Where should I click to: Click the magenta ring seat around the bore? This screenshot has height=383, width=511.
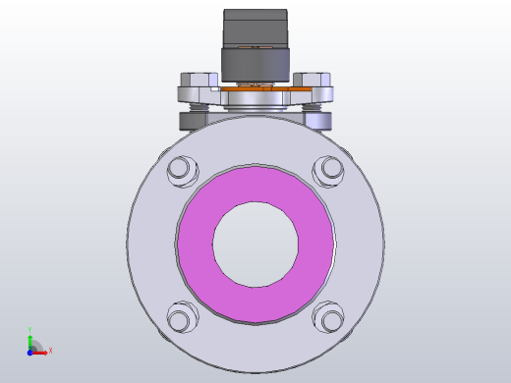pyautogui.click(x=197, y=246)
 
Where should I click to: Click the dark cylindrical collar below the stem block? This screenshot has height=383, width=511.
pyautogui.click(x=255, y=65)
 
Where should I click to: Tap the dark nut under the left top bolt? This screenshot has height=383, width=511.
pyautogui.click(x=195, y=121)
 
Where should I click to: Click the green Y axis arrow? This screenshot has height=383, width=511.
pyautogui.click(x=30, y=339)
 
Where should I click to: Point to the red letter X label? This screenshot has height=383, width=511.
pyautogui.click(x=50, y=350)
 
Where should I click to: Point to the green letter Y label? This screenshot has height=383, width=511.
pyautogui.click(x=30, y=330)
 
